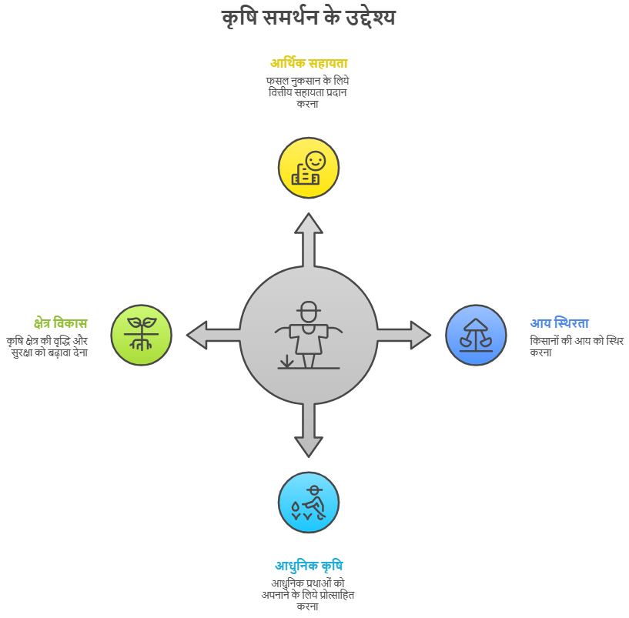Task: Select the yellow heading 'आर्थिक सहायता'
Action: click(x=308, y=63)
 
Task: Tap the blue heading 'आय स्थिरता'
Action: click(x=559, y=323)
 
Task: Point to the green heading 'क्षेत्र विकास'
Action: click(x=61, y=322)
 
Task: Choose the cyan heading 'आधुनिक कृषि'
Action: click(x=308, y=566)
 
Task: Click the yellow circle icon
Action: click(x=308, y=168)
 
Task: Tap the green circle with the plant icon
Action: click(x=141, y=335)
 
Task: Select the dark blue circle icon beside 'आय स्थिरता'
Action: click(x=476, y=335)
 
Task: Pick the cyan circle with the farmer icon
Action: click(x=308, y=503)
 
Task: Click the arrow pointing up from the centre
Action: click(x=308, y=239)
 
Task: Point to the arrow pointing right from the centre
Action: click(x=405, y=335)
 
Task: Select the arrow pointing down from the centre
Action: click(x=308, y=431)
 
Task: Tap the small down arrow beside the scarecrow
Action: click(x=287, y=360)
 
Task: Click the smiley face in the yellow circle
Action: click(x=315, y=161)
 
